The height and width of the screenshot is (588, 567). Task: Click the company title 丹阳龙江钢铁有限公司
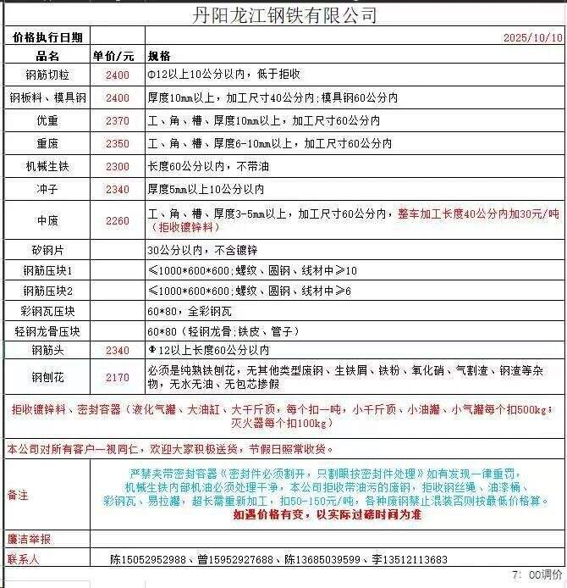tap(284, 14)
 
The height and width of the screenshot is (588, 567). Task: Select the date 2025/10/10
tap(532, 38)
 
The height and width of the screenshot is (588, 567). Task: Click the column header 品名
tap(47, 56)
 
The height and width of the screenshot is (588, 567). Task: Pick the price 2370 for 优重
tap(118, 121)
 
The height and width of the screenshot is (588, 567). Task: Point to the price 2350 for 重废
tap(118, 144)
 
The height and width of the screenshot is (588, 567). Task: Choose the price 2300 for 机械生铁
tap(118, 167)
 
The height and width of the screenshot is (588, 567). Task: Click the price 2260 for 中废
tap(118, 221)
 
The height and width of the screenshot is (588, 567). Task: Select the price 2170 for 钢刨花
tap(118, 378)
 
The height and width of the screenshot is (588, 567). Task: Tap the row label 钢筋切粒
tap(47, 75)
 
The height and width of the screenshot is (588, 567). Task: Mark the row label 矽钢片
tap(47, 251)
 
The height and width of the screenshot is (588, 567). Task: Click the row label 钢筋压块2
tap(47, 291)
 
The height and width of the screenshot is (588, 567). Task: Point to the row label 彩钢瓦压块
tap(47, 311)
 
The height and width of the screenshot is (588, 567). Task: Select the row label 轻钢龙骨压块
tap(47, 331)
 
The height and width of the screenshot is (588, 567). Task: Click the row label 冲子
tap(47, 189)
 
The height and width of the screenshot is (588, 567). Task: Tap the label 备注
tap(18, 494)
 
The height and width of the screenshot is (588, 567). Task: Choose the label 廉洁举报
tap(29, 540)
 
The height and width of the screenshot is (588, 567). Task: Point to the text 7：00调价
tap(537, 576)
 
